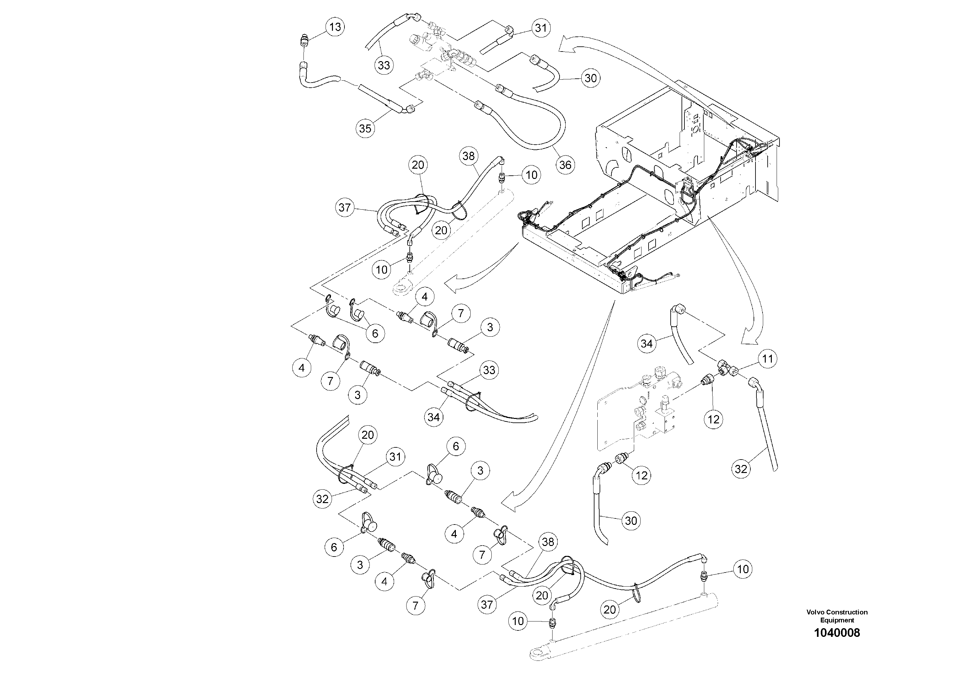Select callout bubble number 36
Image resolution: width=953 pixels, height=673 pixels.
(565, 165)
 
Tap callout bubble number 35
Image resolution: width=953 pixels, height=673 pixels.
(365, 128)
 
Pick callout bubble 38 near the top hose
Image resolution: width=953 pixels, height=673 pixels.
(468, 156)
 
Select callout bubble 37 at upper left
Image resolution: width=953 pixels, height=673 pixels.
(344, 207)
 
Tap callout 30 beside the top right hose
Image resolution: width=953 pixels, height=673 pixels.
(590, 78)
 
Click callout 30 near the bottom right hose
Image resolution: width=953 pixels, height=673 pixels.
(631, 521)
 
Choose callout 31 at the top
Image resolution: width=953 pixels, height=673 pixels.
(540, 28)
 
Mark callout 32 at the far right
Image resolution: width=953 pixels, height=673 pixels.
(741, 469)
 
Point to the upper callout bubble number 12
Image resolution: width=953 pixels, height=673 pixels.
(714, 419)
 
